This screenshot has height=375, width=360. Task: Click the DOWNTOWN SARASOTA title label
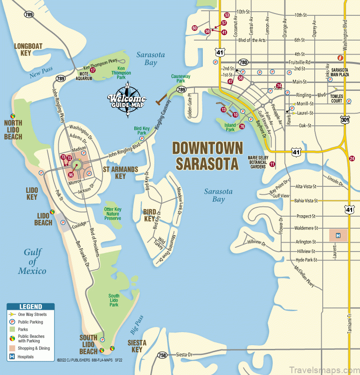208,156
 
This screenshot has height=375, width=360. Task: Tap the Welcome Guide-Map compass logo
126,96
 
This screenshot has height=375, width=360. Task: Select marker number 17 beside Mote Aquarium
93,70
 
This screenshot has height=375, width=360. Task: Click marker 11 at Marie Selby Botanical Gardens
272,164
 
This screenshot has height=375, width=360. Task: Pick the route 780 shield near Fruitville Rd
243,62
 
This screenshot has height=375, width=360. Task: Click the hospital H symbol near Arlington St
339,236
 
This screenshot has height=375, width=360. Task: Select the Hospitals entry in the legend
26,357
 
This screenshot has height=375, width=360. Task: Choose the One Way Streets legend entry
30,314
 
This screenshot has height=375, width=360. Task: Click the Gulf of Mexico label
32,261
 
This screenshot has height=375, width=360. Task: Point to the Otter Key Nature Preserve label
112,214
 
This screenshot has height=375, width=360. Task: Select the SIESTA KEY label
137,346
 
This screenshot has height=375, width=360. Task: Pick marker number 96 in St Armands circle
71,175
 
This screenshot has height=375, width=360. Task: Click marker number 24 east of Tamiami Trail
352,159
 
